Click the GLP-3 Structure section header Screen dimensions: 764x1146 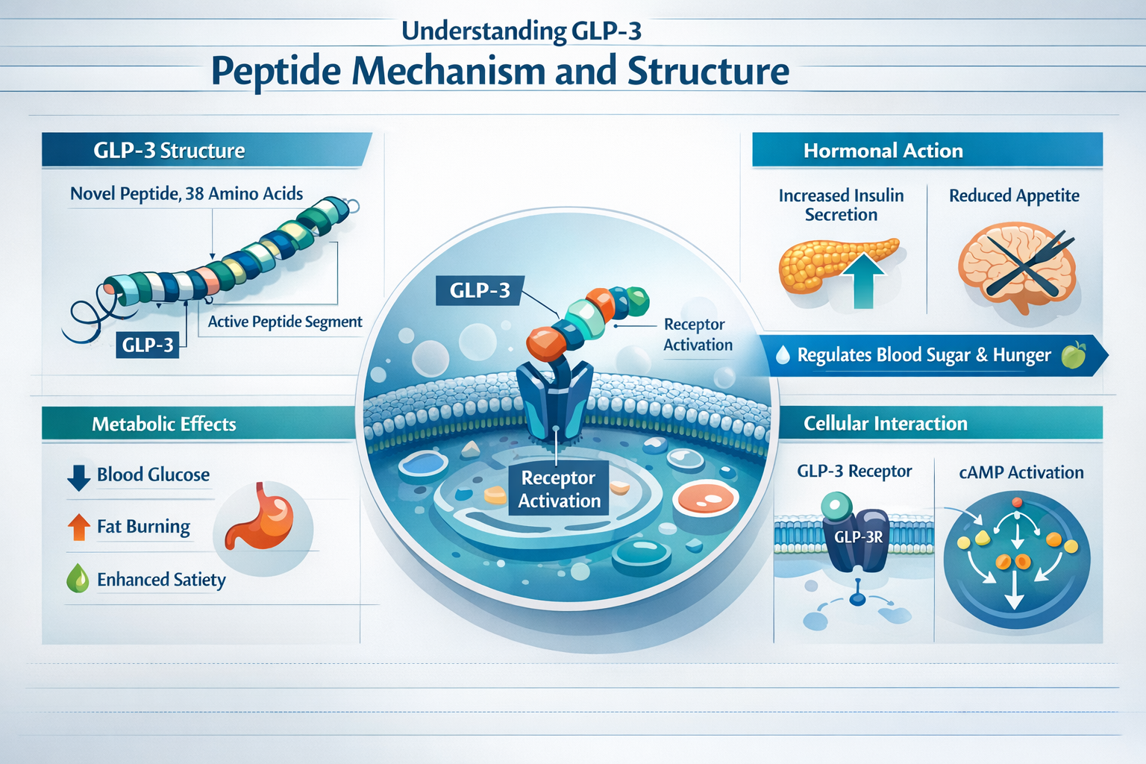point(169,151)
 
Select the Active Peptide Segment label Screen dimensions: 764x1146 point(284,322)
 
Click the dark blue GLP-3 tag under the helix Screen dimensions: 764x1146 point(148,345)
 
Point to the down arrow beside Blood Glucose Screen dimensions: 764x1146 point(78,477)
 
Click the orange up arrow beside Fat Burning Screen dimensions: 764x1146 point(78,527)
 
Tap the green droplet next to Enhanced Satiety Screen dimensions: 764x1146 point(78,579)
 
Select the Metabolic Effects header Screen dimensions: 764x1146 point(163,424)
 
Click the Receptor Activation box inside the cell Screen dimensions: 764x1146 point(559,489)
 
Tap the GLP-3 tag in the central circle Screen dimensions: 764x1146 point(479,290)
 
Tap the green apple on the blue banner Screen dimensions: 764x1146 point(1073,355)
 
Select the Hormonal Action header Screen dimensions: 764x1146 point(883,151)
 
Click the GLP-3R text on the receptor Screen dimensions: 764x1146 point(859,537)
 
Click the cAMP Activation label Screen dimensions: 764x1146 point(1021,472)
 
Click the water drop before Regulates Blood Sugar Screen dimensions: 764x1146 point(783,355)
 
